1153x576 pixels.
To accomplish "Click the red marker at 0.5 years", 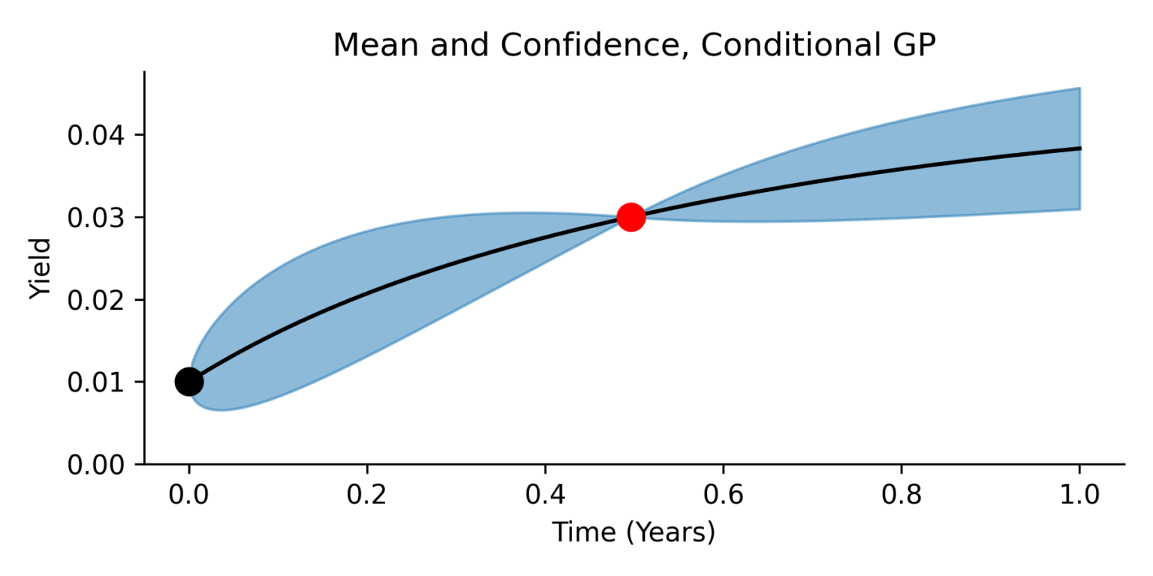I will coord(631,217).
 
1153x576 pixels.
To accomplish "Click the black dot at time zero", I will coord(189,382).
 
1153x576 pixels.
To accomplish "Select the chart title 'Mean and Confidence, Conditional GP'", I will coord(634,46).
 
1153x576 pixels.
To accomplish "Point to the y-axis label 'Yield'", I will coord(41,268).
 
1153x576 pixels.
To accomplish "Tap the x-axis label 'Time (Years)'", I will coord(634,532).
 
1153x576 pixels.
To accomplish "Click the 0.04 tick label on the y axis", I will coord(99,136).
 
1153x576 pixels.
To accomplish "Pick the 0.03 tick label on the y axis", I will coord(99,218).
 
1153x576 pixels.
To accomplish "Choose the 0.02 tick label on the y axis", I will coord(99,300).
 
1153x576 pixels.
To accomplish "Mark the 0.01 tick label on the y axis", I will coord(99,382).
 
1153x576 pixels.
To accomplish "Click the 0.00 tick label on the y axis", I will coord(99,465).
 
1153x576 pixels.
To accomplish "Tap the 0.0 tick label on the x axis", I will coord(189,494).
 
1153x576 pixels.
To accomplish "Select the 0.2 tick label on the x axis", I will coord(367,494).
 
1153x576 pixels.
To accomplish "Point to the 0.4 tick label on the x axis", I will coord(545,494).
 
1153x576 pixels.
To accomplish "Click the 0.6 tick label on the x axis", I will coord(723,494).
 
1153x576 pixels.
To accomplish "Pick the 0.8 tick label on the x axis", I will coord(902,494).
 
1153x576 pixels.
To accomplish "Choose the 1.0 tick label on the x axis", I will coord(1079,494).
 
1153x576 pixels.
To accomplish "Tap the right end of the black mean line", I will coord(1079,148).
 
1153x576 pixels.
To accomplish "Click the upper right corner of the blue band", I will coord(1079,88).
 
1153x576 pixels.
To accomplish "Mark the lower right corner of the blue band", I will coord(1079,208).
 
